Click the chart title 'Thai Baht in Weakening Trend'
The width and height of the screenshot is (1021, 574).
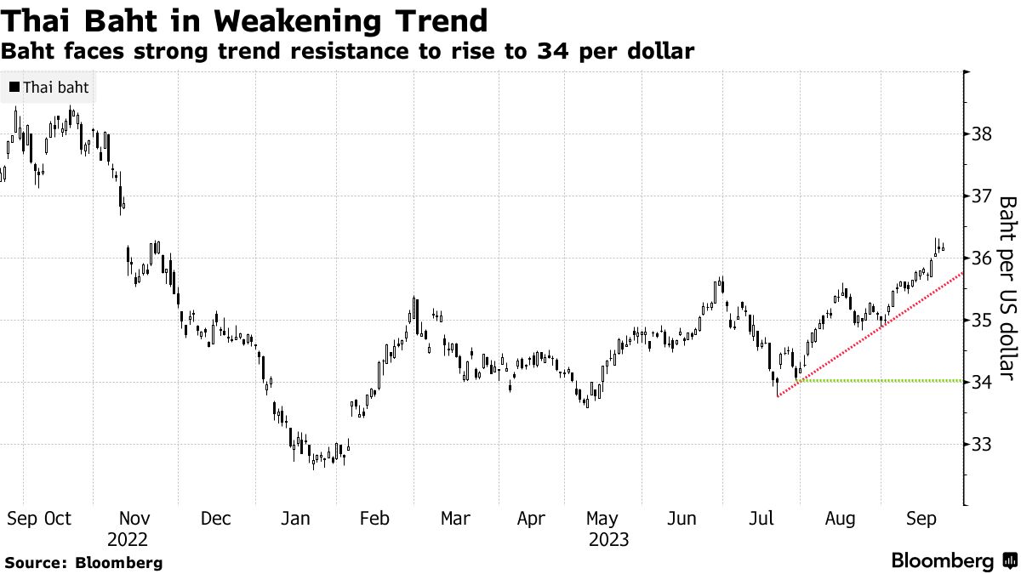coord(245,20)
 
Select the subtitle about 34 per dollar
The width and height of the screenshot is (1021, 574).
coord(347,51)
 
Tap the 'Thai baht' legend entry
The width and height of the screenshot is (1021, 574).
coord(49,88)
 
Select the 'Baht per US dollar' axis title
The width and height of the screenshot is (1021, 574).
coord(1007,287)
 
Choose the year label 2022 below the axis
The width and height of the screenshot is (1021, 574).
coord(128,539)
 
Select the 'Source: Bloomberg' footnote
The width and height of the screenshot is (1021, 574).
coord(83,562)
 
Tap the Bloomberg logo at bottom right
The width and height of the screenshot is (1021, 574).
coord(953,561)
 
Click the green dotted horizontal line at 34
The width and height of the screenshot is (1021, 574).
coord(885,380)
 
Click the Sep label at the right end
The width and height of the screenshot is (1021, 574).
coord(921,518)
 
